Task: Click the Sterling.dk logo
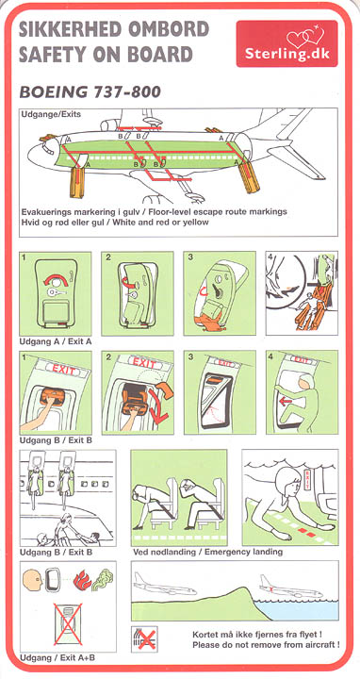point(286,43)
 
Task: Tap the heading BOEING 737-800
point(90,91)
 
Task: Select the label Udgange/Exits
point(51,115)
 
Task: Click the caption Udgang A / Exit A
point(56,341)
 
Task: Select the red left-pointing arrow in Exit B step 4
point(286,402)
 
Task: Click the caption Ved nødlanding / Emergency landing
point(207,552)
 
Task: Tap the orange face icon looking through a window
point(32,579)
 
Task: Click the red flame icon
point(82,579)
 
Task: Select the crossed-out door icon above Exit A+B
point(67,623)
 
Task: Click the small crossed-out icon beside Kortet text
point(144,639)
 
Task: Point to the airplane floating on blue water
point(290,588)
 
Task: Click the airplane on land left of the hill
point(164,585)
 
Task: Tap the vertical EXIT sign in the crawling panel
point(308,479)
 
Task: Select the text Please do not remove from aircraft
point(266,645)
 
